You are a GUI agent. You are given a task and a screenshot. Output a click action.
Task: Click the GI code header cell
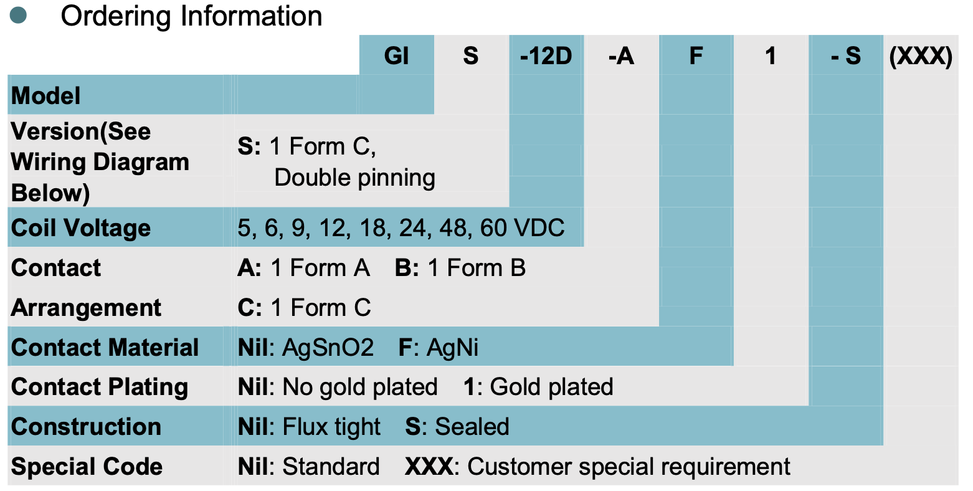coord(396,56)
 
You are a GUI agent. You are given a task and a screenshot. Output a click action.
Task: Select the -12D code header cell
coord(546,56)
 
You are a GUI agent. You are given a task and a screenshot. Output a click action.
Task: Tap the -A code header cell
coord(621,56)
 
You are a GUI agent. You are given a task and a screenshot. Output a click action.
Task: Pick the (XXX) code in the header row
coord(921,56)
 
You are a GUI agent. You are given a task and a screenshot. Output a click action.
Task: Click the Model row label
coord(46,96)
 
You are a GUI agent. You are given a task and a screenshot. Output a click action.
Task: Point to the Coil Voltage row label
coord(81,228)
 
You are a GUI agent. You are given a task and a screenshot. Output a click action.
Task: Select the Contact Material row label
coord(105,348)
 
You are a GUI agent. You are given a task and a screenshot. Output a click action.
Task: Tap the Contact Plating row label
coord(100,387)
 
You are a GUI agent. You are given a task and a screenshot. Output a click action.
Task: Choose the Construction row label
coord(86,427)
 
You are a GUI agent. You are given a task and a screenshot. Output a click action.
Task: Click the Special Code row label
coord(87,467)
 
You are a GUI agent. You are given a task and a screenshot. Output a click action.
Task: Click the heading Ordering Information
coord(191,16)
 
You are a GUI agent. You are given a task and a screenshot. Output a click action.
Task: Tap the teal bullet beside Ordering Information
coord(19,16)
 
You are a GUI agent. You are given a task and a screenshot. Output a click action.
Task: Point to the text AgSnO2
coord(328,348)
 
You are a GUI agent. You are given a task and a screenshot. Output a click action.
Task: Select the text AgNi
coord(452,348)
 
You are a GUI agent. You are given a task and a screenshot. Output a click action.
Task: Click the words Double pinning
coord(354,178)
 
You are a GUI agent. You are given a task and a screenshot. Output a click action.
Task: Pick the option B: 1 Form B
coord(460,268)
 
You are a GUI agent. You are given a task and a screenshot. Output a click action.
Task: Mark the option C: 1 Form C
coord(304,308)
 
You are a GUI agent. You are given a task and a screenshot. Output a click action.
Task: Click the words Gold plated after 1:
coord(551,387)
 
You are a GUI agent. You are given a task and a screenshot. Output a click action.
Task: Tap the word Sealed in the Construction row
coord(472,427)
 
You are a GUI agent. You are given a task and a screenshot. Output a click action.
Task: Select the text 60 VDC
coord(522,228)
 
